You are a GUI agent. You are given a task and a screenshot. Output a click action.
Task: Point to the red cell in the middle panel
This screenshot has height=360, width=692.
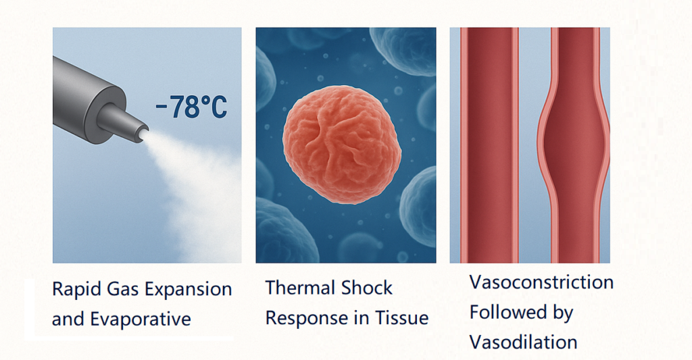click(x=342, y=145)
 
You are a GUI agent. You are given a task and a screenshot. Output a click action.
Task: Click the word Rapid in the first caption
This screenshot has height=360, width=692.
click(x=67, y=289)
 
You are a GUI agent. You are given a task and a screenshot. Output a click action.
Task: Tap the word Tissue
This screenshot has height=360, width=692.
click(x=401, y=317)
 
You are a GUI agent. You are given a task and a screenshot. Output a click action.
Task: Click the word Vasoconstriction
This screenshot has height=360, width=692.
click(x=541, y=282)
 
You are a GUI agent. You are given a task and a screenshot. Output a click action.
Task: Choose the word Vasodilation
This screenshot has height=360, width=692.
click(x=524, y=342)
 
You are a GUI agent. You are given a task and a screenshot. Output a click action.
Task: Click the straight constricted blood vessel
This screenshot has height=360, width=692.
click(x=489, y=145)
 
